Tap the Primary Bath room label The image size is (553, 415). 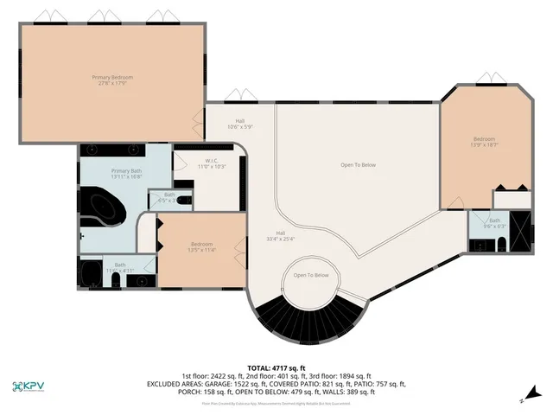(126, 171)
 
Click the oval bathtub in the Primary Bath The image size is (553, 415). (103, 210)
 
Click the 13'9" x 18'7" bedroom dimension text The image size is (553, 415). (484, 145)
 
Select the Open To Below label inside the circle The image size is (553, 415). (311, 275)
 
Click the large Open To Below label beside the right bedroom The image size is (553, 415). (358, 164)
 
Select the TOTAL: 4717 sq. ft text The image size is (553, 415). (276, 367)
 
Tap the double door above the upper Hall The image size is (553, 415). (235, 97)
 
